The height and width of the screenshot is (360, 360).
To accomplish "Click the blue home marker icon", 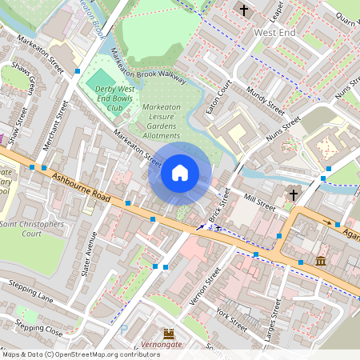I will (180, 173).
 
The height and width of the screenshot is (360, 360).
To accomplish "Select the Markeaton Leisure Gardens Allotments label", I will (161, 122).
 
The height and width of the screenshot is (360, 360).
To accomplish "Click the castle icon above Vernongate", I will (169, 333).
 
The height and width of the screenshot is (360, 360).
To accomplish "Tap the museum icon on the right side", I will (321, 261).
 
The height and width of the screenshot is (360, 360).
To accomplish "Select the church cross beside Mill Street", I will (294, 194).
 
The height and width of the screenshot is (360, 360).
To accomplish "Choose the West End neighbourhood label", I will (275, 33).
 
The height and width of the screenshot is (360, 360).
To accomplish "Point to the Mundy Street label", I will (265, 99).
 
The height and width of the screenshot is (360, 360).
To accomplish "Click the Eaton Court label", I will (218, 97).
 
